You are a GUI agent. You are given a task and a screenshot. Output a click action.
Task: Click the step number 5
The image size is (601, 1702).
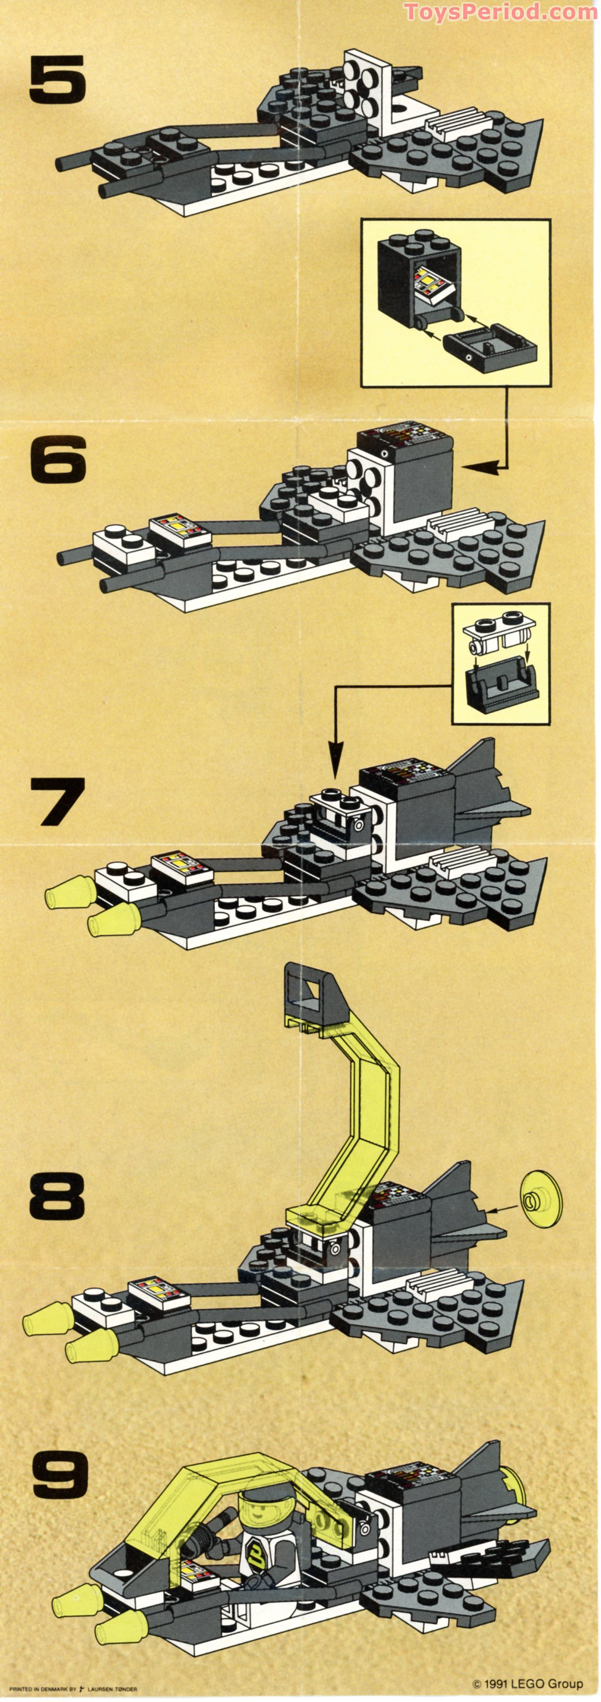point(58,80)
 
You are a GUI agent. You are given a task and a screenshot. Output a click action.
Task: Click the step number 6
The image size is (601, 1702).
point(58,458)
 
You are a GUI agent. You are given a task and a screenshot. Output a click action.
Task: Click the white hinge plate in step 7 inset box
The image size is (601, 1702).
point(500,633)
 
